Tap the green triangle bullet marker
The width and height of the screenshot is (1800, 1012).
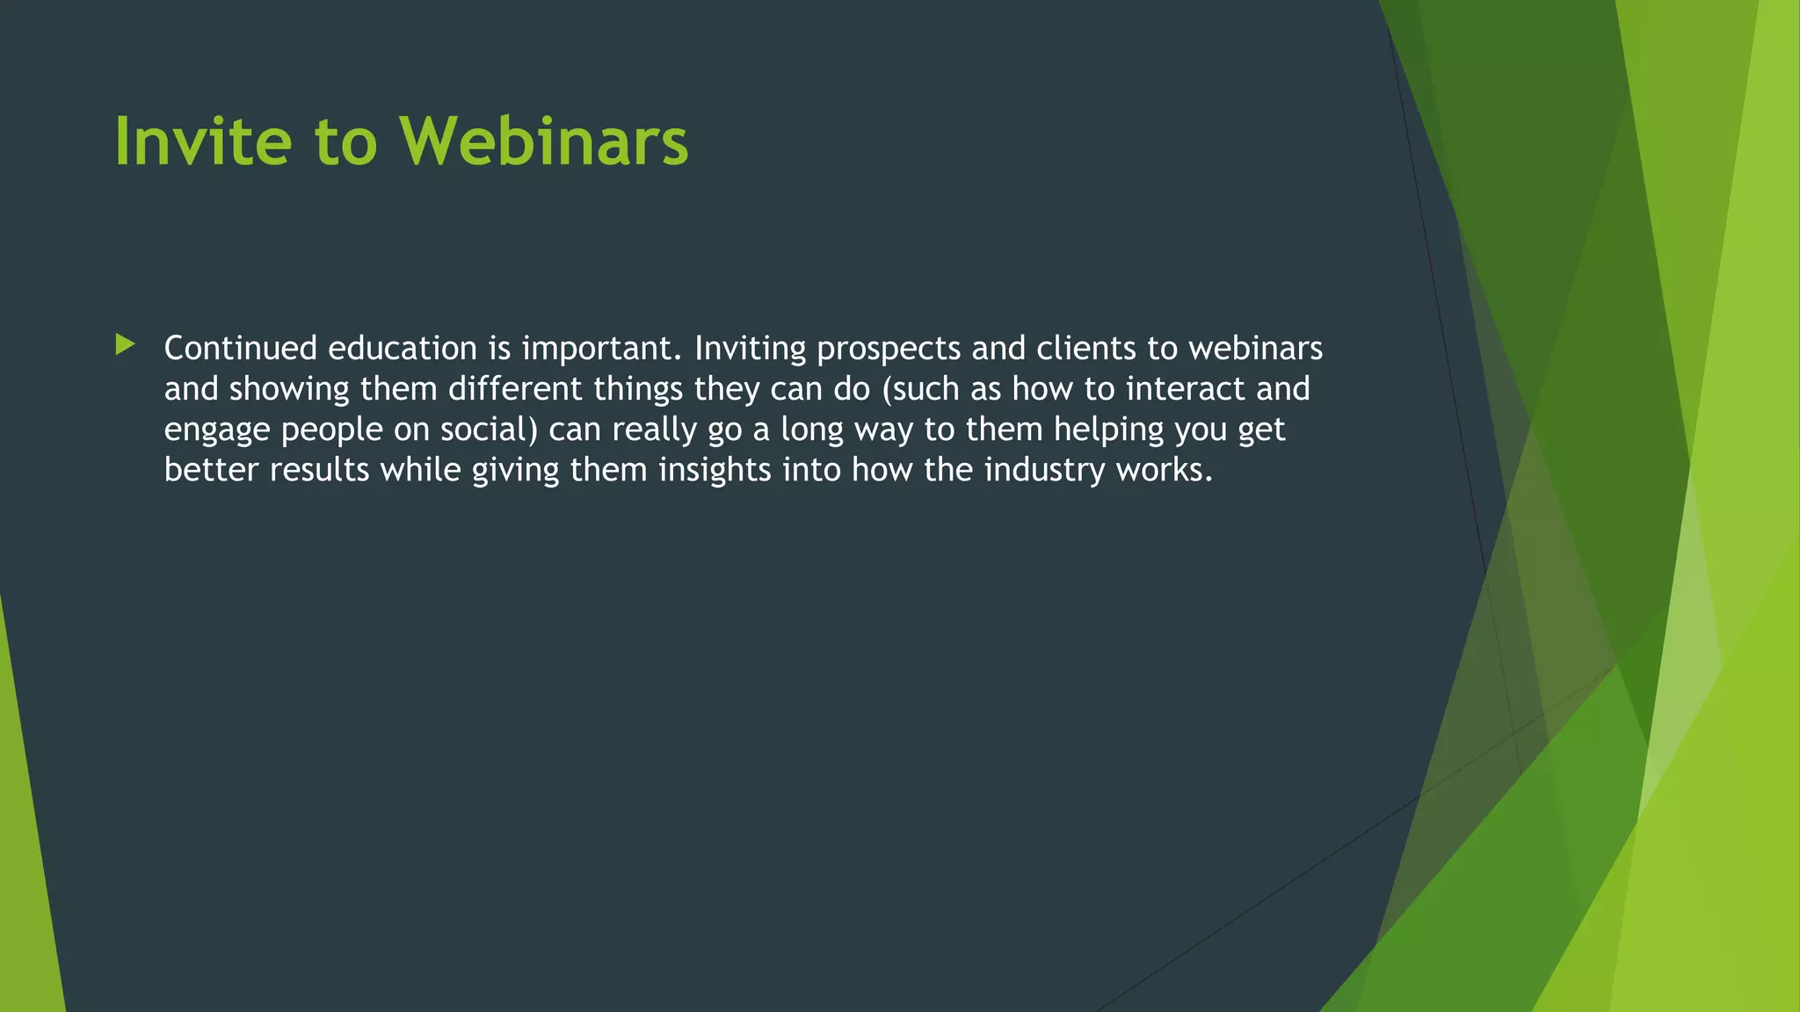coord(125,344)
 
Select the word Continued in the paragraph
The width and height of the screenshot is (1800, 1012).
coord(240,349)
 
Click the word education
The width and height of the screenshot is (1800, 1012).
coord(403,349)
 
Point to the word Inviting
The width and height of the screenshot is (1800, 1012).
coord(750,349)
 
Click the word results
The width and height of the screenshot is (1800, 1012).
coord(319,470)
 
